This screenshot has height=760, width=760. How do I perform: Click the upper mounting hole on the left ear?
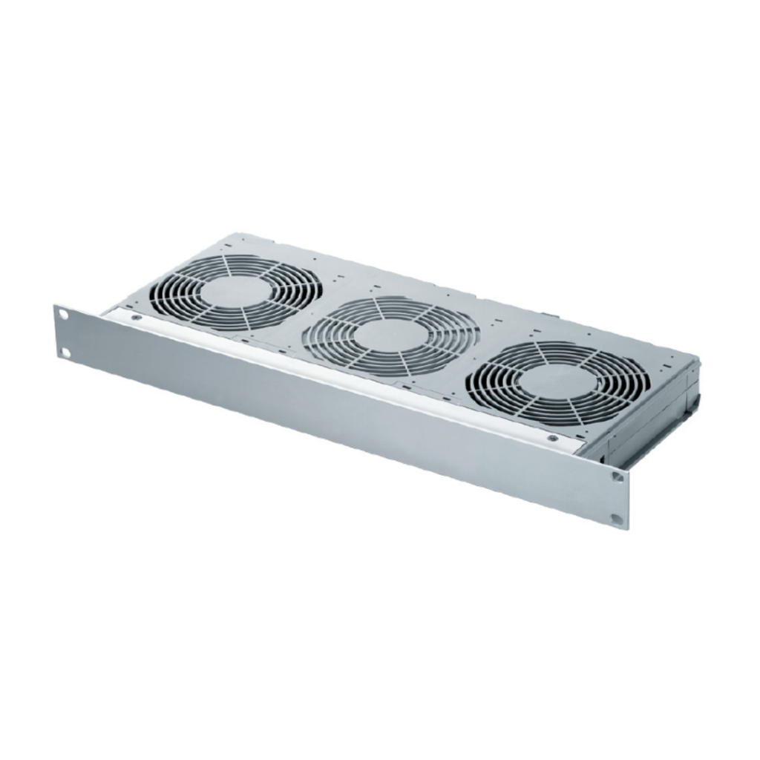[63, 315]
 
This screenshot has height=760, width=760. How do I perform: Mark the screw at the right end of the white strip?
[552, 438]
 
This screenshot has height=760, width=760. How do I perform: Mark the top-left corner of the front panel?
[55, 304]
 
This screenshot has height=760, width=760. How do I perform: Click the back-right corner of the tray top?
[698, 358]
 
